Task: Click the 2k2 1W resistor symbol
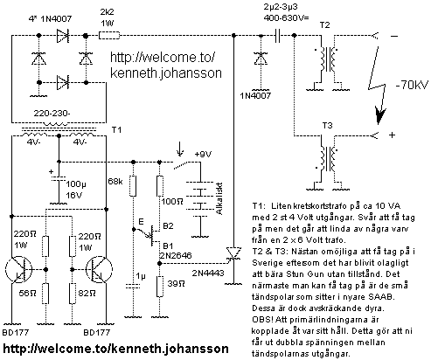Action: pyautogui.click(x=109, y=36)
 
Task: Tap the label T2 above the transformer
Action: pyautogui.click(x=324, y=25)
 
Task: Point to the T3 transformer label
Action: pyautogui.click(x=327, y=126)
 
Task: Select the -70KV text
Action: pyautogui.click(x=412, y=86)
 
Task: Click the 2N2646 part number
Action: pyautogui.click(x=176, y=255)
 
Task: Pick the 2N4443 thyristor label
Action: pyautogui.click(x=208, y=273)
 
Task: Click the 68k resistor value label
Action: pyautogui.click(x=115, y=182)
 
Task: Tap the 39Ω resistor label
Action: pyautogui.click(x=176, y=283)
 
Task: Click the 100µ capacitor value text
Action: pyautogui.click(x=76, y=184)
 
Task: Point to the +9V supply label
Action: pyautogui.click(x=203, y=154)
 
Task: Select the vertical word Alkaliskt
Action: pyautogui.click(x=219, y=198)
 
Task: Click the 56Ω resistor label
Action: pyautogui.click(x=28, y=293)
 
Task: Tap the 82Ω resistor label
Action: pyautogui.click(x=87, y=293)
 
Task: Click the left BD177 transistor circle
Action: pyautogui.click(x=18, y=269)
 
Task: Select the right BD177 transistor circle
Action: pyautogui.click(x=99, y=269)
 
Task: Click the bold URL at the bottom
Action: pyautogui.click(x=115, y=348)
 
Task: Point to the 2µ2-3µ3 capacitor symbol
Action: pyautogui.click(x=277, y=36)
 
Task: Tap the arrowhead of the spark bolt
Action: pyautogui.click(x=380, y=116)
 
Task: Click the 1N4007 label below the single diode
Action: pyautogui.click(x=255, y=95)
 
